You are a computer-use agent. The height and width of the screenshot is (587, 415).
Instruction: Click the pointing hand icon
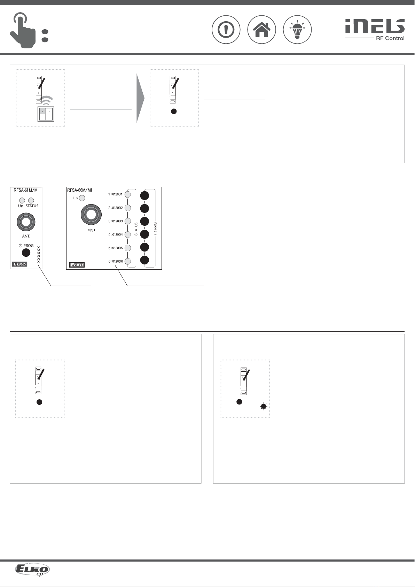(23, 30)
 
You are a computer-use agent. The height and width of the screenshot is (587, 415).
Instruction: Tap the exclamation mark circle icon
(226, 30)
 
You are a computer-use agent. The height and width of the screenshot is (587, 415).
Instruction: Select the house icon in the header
(261, 30)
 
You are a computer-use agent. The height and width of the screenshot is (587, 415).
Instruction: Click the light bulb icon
(297, 30)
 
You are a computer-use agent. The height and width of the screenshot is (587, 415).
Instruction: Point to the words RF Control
(390, 38)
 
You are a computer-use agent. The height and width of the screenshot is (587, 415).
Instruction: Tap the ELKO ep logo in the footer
(32, 570)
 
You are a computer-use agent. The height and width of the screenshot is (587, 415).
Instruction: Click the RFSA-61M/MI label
(26, 190)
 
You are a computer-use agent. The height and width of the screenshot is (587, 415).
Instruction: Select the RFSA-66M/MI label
(80, 190)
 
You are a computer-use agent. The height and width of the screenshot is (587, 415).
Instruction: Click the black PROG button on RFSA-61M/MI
(26, 253)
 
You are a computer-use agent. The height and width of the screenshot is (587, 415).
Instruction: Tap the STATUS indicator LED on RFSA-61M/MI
(31, 200)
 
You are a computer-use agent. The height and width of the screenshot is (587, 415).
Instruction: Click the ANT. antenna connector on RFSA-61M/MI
(26, 222)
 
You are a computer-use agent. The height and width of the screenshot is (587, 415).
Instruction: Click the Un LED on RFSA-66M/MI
(82, 198)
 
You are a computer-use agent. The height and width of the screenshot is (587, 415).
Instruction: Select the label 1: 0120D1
(115, 194)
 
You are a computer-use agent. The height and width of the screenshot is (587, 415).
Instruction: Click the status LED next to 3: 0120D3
(127, 221)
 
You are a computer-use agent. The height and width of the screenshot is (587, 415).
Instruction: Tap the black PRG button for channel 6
(144, 260)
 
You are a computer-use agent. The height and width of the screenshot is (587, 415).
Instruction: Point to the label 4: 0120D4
(116, 234)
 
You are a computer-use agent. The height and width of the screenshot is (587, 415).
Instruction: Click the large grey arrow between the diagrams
(140, 98)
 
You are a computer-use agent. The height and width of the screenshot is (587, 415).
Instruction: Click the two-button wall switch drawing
(46, 114)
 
